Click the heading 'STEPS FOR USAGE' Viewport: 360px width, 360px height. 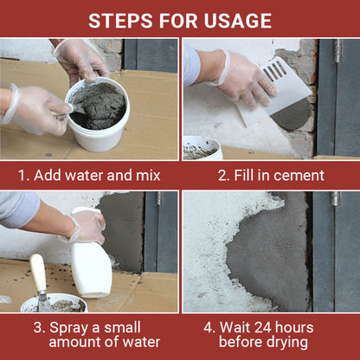(x=180, y=19)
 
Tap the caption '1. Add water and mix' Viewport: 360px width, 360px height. (x=90, y=175)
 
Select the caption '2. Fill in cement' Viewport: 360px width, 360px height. (x=270, y=175)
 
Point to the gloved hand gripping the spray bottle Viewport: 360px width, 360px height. (x=87, y=227)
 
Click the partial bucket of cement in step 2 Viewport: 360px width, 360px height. (x=201, y=148)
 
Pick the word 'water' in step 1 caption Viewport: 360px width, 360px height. (x=87, y=175)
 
